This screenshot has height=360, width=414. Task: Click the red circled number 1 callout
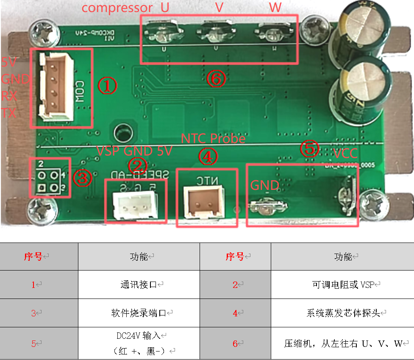coord(107,86)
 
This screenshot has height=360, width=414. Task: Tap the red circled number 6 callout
coord(216,79)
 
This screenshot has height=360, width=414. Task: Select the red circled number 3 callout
coord(82,179)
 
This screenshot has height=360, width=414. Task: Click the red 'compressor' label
coord(117,8)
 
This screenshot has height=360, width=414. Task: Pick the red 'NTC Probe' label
coord(213,139)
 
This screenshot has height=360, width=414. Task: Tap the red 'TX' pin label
coord(9,112)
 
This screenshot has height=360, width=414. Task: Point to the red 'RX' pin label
coord(9,96)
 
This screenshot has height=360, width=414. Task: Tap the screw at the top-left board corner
coord(42,33)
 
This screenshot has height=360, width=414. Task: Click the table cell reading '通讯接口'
coord(139,285)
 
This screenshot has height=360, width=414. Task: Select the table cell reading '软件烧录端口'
coord(139,313)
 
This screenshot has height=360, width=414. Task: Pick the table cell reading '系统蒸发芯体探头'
coord(342,313)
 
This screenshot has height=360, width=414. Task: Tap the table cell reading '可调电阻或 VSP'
coord(342,285)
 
